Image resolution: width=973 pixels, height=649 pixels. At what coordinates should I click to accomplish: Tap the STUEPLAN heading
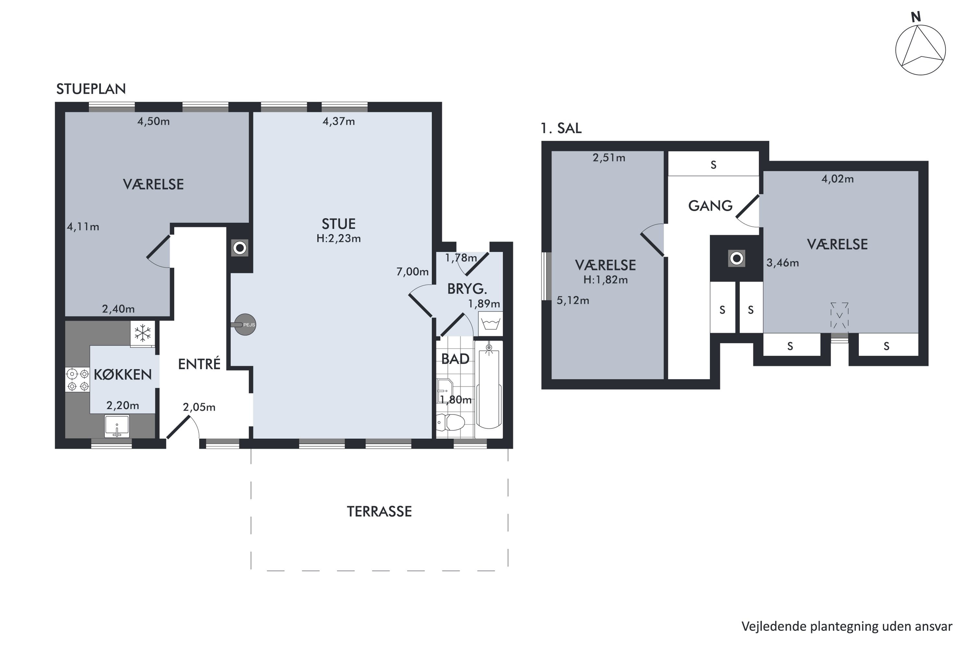91,89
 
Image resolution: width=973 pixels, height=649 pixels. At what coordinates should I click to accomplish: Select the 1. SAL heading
561,128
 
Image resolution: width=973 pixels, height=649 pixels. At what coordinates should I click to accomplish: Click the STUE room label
338,224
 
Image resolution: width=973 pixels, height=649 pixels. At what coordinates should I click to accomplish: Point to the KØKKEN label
123,374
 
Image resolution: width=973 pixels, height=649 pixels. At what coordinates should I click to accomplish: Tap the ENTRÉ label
199,364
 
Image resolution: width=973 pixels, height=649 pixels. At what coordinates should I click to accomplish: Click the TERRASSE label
379,512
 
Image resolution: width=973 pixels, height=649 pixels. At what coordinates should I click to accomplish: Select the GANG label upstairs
710,206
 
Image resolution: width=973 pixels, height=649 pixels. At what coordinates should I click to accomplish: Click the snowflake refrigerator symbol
143,334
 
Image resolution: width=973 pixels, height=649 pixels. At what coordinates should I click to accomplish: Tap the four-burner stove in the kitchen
78,380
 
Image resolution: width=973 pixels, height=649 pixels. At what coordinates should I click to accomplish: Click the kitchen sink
117,426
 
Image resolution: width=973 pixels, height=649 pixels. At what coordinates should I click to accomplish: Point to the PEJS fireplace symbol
245,325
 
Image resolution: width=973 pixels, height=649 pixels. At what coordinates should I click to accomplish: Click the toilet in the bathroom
451,422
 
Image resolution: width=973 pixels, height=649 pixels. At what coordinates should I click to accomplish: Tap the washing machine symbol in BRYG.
491,324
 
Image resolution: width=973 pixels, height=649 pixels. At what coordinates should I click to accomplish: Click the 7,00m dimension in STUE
413,272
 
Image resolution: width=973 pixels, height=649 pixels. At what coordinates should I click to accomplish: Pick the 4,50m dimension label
153,121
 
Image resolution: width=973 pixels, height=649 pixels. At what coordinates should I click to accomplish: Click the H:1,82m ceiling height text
606,280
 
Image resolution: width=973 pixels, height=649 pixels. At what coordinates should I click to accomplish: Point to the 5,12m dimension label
573,300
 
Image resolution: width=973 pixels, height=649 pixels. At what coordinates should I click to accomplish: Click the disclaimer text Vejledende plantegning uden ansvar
847,627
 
